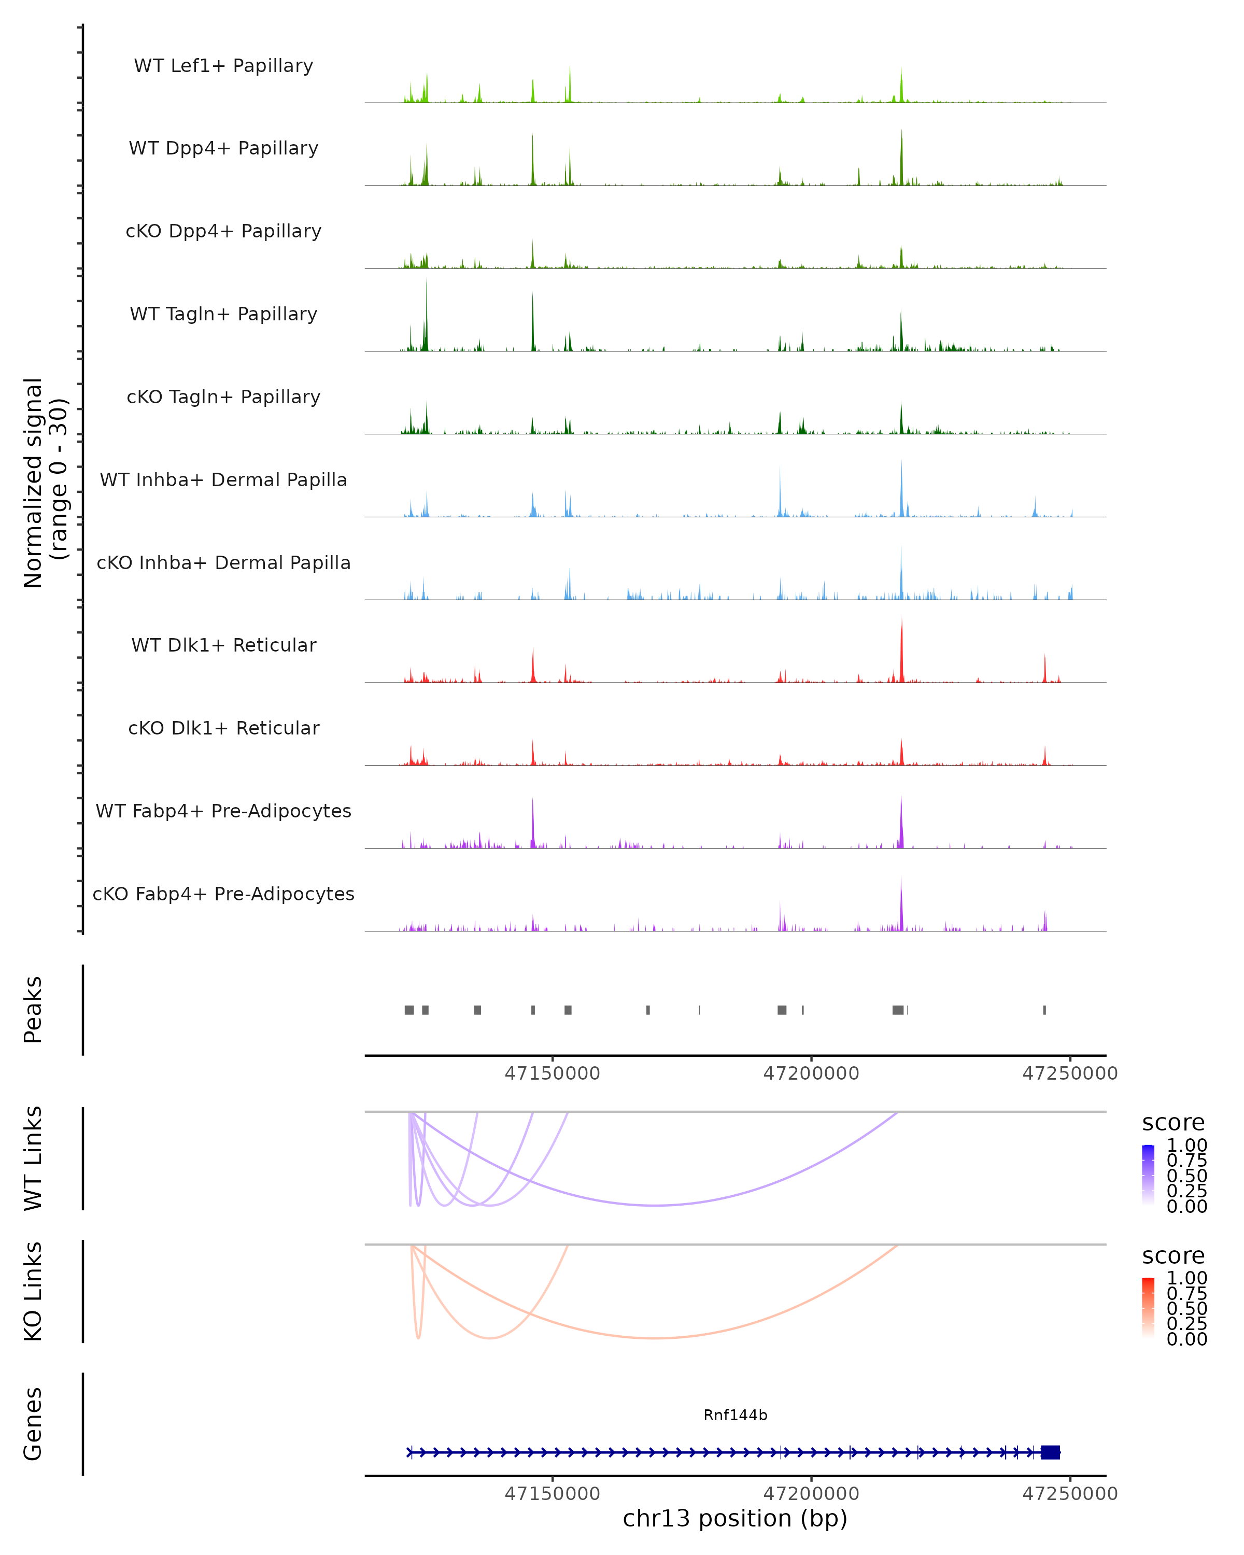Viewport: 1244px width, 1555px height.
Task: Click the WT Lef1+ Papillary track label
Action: tap(223, 66)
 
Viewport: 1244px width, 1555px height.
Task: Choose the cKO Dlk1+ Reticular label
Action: tap(223, 728)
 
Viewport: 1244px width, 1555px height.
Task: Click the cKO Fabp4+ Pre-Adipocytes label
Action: tap(223, 894)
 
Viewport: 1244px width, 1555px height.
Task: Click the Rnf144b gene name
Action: tap(735, 1415)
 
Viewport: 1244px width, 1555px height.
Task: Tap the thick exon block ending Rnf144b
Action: tap(1050, 1452)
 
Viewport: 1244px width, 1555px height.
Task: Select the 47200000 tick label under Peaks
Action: tap(811, 1074)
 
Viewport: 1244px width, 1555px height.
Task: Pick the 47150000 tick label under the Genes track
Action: tap(553, 1494)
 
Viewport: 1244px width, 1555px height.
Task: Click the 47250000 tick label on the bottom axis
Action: tap(1069, 1494)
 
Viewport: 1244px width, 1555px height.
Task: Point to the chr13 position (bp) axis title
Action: tap(735, 1519)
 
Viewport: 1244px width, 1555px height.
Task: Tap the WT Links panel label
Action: tap(33, 1158)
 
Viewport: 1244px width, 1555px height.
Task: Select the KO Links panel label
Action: tap(33, 1291)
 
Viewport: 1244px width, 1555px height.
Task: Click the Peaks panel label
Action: tap(33, 1010)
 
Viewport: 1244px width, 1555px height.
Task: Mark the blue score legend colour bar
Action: tap(1148, 1175)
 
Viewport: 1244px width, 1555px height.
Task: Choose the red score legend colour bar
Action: tap(1148, 1308)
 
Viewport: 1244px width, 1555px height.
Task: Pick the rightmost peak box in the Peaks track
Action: tap(1044, 1010)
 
